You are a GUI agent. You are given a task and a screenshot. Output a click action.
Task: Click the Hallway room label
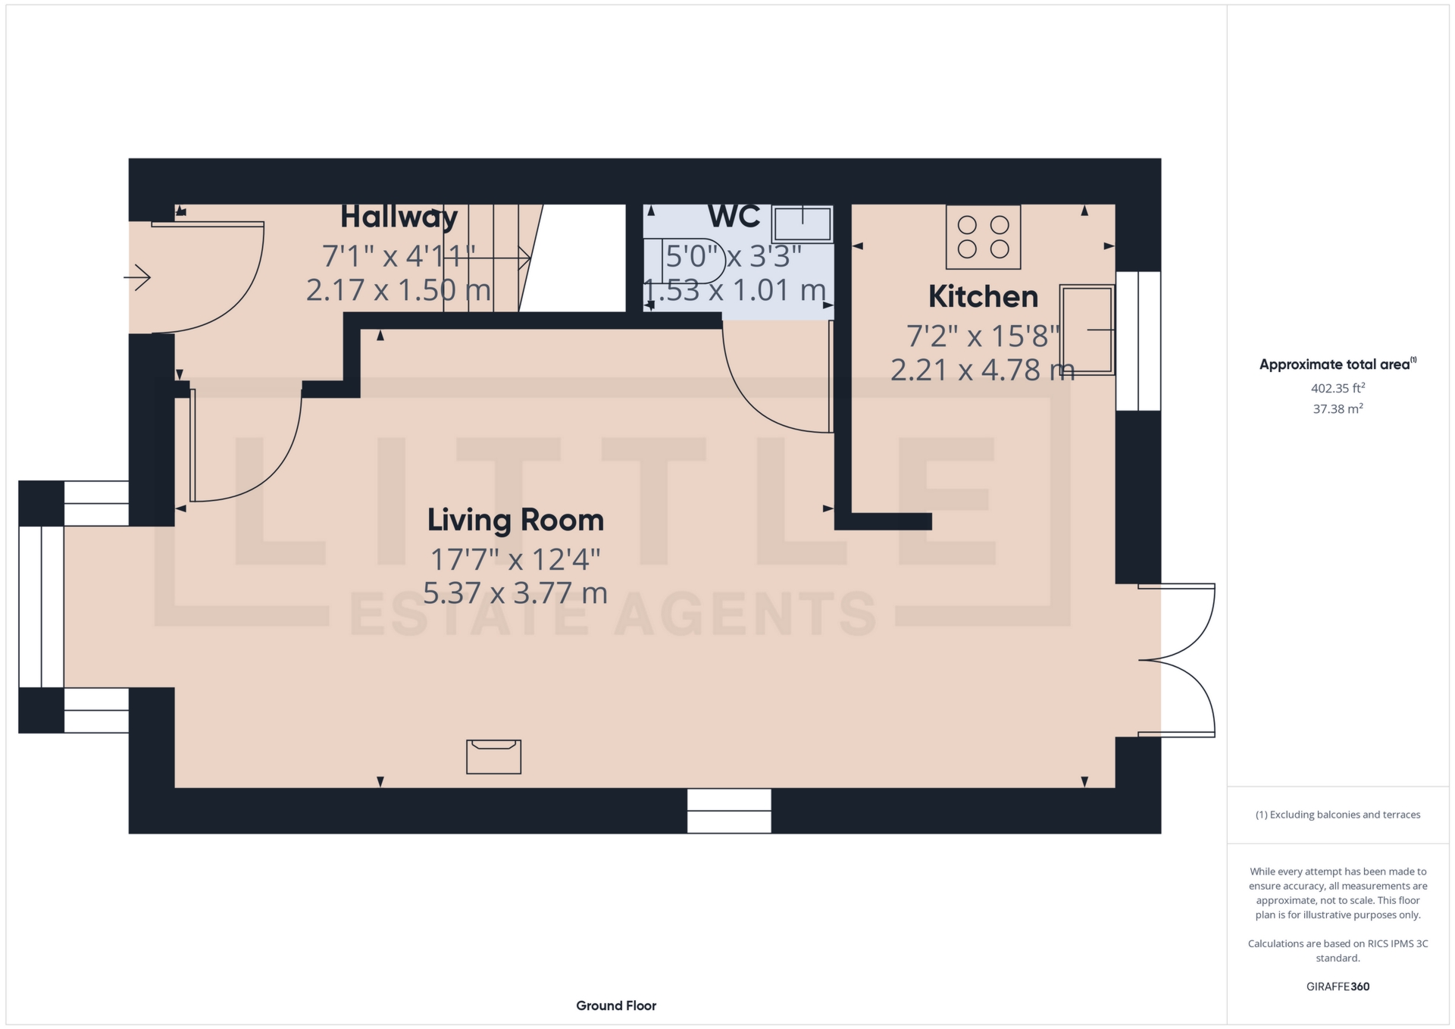click(x=399, y=217)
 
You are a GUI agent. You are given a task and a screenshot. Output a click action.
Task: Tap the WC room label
click(x=734, y=217)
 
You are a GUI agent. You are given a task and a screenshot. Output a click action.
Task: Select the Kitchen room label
click(x=983, y=297)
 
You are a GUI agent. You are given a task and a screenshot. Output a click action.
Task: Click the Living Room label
click(x=515, y=521)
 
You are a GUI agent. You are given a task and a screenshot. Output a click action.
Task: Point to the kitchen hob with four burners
click(x=983, y=237)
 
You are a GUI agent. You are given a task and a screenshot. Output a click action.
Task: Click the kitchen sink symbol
click(x=1087, y=330)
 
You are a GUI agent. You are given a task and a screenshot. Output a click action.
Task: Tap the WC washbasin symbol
click(x=802, y=224)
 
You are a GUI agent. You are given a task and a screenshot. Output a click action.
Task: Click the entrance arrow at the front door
click(x=138, y=277)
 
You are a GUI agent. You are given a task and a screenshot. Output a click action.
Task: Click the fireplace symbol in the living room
click(x=493, y=756)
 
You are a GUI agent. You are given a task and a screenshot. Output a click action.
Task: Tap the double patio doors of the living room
click(x=1176, y=660)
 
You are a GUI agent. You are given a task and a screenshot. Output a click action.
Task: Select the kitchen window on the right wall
click(x=1137, y=341)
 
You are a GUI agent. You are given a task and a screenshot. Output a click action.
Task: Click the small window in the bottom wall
click(x=729, y=811)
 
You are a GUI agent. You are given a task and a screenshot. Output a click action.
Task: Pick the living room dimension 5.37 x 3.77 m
click(x=515, y=593)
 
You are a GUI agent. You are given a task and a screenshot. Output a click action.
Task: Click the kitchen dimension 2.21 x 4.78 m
click(x=982, y=371)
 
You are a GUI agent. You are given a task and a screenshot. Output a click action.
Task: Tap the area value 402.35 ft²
click(x=1338, y=388)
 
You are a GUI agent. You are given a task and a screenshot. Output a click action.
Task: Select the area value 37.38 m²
click(x=1338, y=409)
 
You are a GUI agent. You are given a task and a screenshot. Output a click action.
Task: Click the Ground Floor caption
click(x=616, y=1006)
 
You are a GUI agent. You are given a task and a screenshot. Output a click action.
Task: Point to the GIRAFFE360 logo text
click(x=1338, y=987)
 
